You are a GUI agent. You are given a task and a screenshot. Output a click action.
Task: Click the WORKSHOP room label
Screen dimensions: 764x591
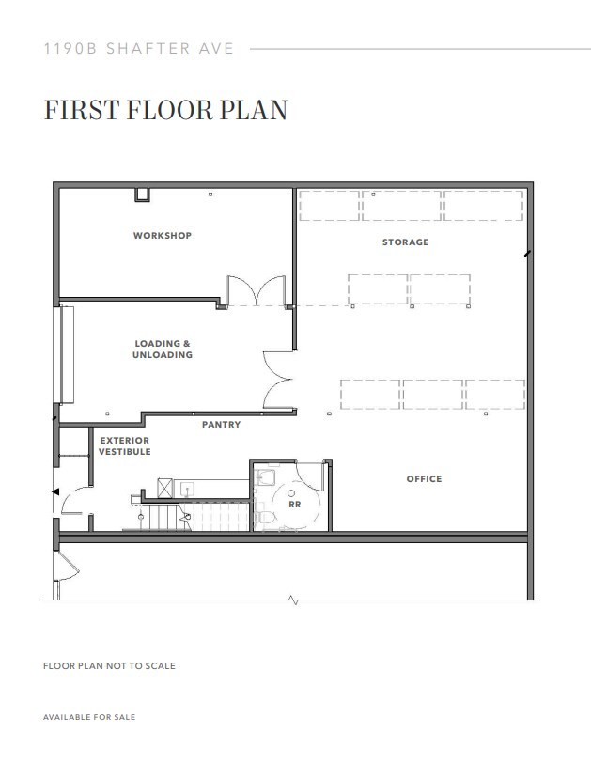pyautogui.click(x=162, y=235)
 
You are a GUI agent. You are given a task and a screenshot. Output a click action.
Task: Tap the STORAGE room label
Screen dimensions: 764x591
pyautogui.click(x=405, y=242)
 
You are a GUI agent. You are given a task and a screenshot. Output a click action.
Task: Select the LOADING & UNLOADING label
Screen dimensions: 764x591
pyautogui.click(x=163, y=350)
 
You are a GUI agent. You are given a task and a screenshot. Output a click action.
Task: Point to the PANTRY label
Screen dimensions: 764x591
pyautogui.click(x=222, y=425)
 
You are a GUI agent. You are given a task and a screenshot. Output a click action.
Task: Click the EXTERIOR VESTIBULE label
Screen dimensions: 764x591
pyautogui.click(x=124, y=446)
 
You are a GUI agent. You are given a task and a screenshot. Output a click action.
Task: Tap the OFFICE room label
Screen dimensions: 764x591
pyautogui.click(x=424, y=479)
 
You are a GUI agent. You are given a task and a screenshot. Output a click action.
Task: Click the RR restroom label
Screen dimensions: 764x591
pyautogui.click(x=294, y=504)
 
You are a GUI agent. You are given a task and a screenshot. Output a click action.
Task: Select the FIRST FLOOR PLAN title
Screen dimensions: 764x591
pyautogui.click(x=164, y=110)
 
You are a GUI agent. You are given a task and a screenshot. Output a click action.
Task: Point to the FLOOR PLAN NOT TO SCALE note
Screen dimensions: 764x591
pyautogui.click(x=109, y=666)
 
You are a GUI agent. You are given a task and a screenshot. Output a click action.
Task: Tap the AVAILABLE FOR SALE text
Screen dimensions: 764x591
pyautogui.click(x=89, y=717)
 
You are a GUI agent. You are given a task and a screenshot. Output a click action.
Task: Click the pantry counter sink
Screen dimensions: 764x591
pyautogui.click(x=186, y=488)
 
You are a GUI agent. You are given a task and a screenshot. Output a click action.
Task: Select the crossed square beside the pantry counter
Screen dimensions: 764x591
pyautogui.click(x=164, y=488)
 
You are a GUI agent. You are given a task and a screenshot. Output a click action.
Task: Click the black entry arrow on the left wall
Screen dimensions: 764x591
pyautogui.click(x=54, y=491)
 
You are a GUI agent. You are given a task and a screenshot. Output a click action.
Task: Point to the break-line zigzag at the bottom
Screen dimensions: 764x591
pyautogui.click(x=294, y=600)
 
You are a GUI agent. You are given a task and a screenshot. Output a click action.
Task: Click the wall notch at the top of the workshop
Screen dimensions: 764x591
pyautogui.click(x=142, y=195)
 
